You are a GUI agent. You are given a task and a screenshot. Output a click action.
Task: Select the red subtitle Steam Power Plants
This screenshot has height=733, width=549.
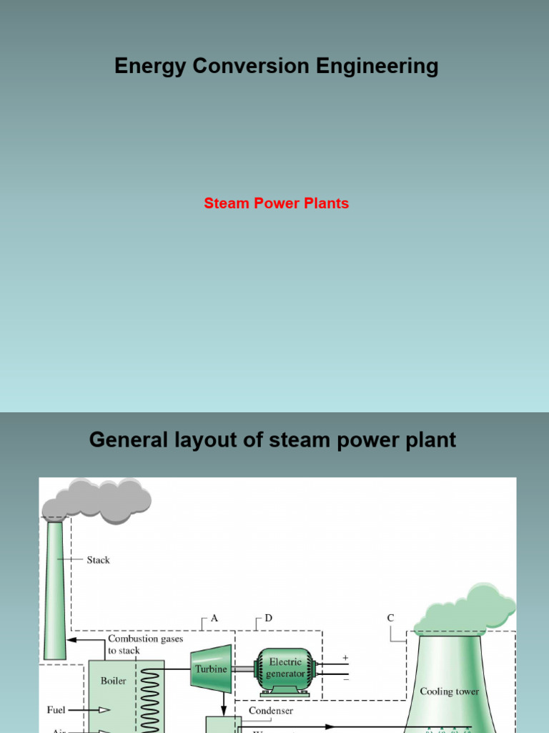pyautogui.click(x=276, y=203)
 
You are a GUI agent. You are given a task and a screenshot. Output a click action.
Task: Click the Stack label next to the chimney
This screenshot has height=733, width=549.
pyautogui.click(x=99, y=560)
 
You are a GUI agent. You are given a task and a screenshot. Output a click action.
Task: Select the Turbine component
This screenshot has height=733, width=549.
pyautogui.click(x=211, y=669)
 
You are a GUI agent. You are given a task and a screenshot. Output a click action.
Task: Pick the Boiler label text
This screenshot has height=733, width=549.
pyautogui.click(x=113, y=681)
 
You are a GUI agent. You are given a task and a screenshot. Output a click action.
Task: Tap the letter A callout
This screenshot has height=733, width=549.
pyautogui.click(x=214, y=617)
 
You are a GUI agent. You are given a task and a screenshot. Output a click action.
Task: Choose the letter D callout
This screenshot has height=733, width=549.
pyautogui.click(x=268, y=617)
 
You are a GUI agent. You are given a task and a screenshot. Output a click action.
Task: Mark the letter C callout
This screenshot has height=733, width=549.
pyautogui.click(x=390, y=617)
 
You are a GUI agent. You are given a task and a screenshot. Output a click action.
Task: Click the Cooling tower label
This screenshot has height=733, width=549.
pyautogui.click(x=449, y=691)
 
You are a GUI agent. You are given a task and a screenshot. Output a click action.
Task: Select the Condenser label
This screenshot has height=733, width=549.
pyautogui.click(x=270, y=711)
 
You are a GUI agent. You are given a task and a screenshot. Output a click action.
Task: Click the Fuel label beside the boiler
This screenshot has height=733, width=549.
pyautogui.click(x=56, y=709)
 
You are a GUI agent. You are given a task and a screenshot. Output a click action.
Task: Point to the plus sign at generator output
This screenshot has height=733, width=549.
pyautogui.click(x=346, y=657)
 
